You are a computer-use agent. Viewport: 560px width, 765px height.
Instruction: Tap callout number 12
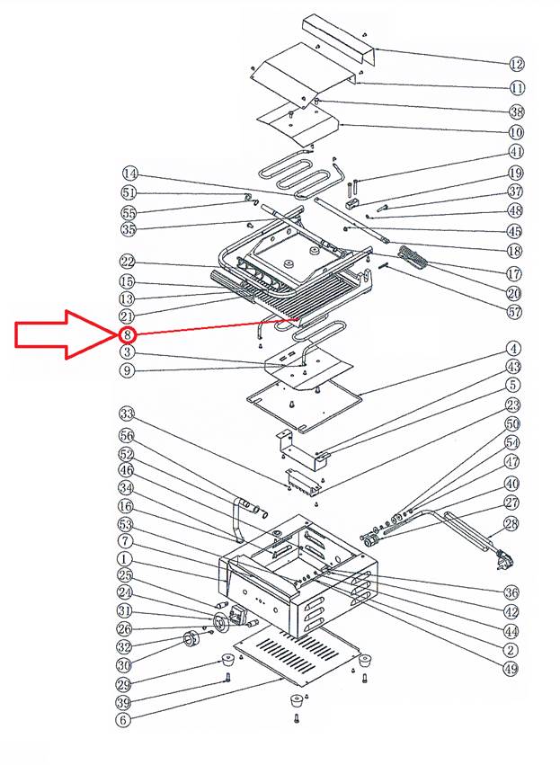(x=516, y=64)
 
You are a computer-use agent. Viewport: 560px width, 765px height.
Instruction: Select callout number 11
(x=516, y=88)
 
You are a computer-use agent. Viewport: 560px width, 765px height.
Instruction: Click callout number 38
(x=516, y=111)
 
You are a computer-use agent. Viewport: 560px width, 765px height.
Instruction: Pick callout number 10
(x=516, y=132)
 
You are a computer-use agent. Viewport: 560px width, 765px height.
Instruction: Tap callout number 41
(x=516, y=152)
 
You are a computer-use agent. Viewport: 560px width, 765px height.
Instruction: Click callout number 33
(x=127, y=414)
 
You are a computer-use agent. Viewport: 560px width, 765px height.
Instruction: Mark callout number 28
(x=511, y=524)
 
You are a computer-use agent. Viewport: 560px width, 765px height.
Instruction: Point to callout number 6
(x=124, y=720)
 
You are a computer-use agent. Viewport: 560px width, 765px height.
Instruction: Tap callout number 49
(x=511, y=668)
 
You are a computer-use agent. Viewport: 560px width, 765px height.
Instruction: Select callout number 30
(x=124, y=664)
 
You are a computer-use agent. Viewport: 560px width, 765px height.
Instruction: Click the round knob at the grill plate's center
(x=289, y=262)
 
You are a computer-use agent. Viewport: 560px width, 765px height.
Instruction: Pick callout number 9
(x=128, y=370)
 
